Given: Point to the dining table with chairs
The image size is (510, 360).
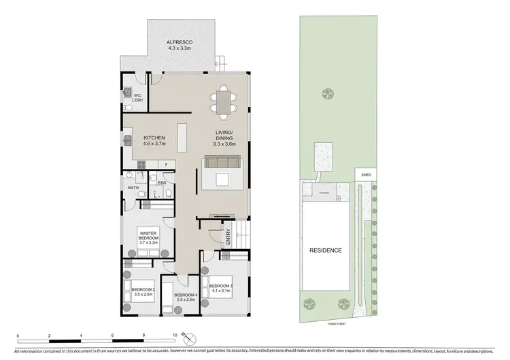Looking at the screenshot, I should point(222,101).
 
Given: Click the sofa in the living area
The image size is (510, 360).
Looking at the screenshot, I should point(221,162).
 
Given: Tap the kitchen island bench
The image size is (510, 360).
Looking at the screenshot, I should point(182,138).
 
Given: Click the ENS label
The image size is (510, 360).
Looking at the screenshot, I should point(162,182).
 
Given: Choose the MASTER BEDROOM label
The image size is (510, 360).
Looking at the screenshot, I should point(148,237).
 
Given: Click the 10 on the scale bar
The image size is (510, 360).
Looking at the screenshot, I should point(175,336).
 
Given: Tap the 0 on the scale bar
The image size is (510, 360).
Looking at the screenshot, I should point(18,336).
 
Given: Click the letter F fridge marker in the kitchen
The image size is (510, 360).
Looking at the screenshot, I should point(167,164).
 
